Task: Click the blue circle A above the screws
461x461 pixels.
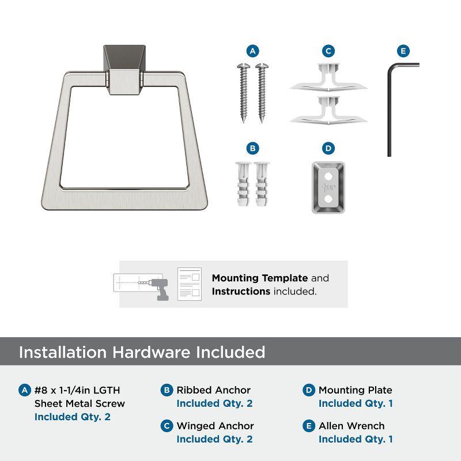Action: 252,51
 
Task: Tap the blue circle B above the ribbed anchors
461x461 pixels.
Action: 252,148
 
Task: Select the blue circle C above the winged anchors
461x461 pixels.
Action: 328,51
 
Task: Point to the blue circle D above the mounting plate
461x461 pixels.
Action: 328,148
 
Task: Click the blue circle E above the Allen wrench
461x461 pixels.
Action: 403,51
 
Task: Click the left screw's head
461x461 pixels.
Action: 243,66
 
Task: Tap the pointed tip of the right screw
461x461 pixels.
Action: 262,121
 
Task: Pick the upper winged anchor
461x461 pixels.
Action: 328,77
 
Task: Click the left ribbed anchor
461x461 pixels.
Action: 243,184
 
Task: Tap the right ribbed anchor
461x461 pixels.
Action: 262,184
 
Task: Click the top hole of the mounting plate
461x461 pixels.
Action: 328,176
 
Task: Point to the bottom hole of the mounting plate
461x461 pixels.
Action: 328,199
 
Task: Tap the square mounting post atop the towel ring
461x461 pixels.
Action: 124,70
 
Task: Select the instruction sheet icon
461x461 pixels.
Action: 190,284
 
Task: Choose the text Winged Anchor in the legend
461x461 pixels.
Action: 215,426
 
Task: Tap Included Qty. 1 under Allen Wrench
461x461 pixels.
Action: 356,439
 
